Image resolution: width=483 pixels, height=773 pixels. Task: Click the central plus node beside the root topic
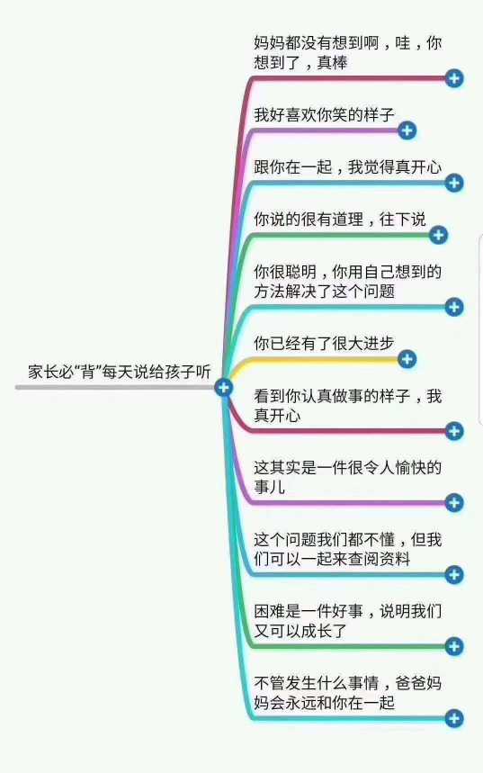223,388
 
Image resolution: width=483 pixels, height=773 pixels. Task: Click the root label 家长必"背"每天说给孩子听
120,372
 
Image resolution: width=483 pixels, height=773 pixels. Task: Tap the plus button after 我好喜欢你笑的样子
407,130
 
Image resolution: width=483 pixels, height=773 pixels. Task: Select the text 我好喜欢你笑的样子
325,115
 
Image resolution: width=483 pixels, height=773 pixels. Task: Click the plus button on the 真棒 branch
454,78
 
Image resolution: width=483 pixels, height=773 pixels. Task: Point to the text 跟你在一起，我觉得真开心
348,167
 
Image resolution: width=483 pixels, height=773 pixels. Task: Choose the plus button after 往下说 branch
439,235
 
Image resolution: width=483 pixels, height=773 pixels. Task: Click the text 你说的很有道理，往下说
340,219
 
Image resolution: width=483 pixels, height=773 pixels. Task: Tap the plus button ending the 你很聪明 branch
454,307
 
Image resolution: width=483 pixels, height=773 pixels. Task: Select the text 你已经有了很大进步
325,343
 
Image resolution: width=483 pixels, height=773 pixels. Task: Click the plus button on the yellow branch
407,359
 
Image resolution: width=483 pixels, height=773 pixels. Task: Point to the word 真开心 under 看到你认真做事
278,415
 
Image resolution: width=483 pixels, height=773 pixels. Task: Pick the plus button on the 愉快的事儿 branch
454,503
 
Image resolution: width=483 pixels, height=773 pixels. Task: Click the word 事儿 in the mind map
270,487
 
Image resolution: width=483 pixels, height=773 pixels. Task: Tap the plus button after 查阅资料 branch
454,575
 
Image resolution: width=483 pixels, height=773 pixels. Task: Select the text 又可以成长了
300,631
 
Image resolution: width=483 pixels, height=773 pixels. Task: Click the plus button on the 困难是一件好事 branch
454,646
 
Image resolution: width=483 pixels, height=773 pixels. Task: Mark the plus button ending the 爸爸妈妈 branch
454,718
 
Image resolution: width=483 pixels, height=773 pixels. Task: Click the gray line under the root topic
115,388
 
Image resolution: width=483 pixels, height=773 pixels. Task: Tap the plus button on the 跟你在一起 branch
454,183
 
